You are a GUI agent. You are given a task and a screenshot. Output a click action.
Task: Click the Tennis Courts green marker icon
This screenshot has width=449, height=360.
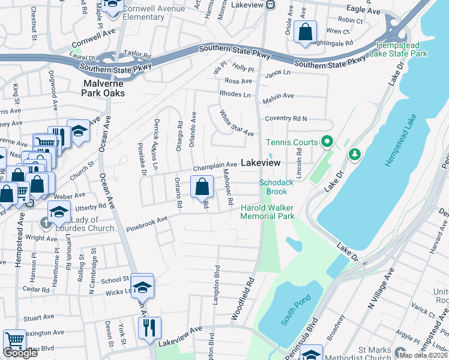point(327,142)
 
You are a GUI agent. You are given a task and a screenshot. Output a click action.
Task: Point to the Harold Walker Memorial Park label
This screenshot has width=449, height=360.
point(268,212)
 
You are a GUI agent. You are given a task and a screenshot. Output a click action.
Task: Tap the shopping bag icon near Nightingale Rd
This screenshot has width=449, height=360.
point(306,32)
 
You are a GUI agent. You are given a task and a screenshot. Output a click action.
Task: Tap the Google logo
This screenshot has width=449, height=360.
point(20,353)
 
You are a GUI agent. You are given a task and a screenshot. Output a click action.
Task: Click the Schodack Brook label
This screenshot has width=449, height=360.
point(273,187)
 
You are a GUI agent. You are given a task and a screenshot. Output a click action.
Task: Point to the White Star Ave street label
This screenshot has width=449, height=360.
point(237,122)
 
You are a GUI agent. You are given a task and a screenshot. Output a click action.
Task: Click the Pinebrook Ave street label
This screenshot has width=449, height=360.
point(147,226)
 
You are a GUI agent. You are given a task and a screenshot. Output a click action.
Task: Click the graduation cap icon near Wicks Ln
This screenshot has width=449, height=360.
point(142,287)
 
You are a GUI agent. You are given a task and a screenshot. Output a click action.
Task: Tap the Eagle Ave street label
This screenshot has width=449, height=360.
point(364,11)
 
